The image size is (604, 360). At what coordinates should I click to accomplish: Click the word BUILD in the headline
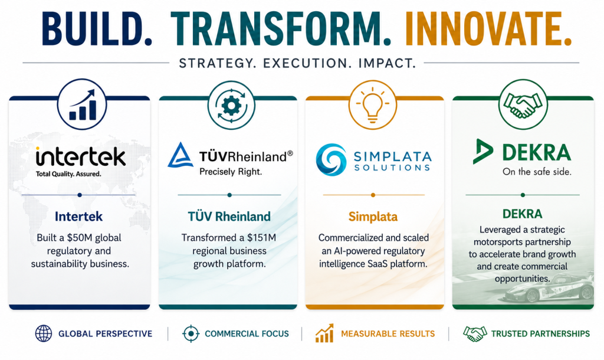(91, 29)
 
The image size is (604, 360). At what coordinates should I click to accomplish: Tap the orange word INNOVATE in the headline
(482, 29)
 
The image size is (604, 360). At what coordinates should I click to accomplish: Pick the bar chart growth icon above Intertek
(82, 104)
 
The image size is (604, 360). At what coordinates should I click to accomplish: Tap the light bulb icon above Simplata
(373, 105)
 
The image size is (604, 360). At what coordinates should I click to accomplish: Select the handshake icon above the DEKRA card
(523, 104)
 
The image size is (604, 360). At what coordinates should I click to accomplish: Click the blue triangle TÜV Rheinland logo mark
(180, 155)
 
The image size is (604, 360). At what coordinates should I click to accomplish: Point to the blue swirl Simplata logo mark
(331, 159)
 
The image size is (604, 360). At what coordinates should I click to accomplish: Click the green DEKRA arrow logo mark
(482, 152)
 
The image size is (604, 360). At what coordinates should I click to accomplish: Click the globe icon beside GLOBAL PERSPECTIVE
(44, 333)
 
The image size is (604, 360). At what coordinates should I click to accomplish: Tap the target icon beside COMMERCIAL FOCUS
(191, 333)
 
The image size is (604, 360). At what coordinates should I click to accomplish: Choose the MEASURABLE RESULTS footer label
(388, 334)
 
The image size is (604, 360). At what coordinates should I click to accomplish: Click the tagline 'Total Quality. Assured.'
(68, 174)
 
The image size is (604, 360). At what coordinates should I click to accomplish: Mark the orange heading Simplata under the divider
(373, 217)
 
